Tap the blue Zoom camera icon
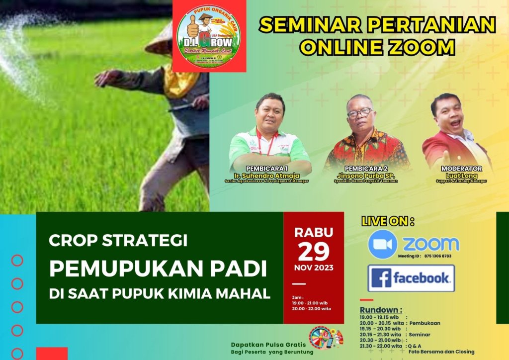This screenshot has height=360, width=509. pos(382,244)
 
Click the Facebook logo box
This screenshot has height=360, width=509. pos(411,278)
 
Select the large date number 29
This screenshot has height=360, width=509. pos(314,252)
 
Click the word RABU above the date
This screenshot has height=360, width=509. pos(314,232)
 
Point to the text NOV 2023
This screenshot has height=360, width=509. pos(314,268)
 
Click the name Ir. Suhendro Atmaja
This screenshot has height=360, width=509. pos(269,176)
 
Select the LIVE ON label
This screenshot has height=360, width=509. pos(388,221)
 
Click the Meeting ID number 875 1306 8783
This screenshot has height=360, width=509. pos(438,256)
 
